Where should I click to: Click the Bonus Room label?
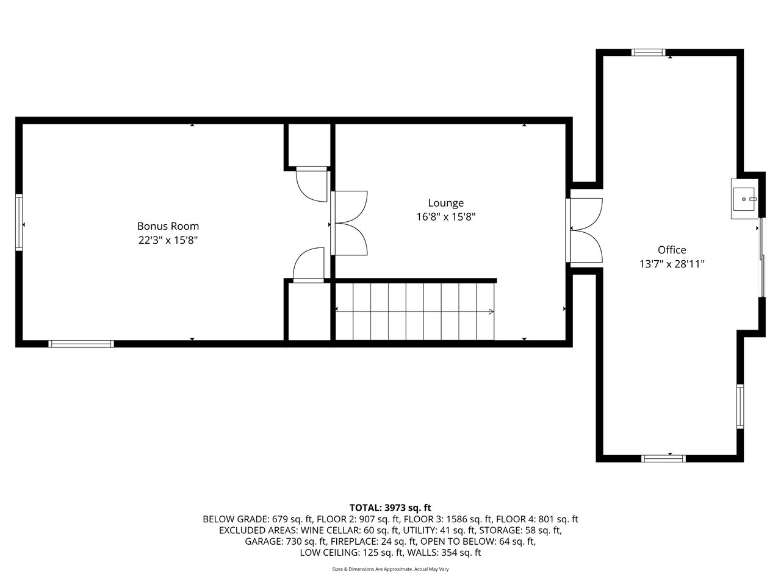point(168,226)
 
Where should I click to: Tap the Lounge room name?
point(446,203)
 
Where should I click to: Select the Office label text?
point(672,250)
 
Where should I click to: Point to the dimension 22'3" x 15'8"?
point(168,241)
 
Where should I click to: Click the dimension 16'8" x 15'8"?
point(446,217)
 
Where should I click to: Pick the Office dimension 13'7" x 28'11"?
point(672,264)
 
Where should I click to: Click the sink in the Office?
point(744,199)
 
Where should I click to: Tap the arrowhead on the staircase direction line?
point(491,312)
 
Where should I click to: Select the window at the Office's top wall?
point(648,52)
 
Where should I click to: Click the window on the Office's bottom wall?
point(663,458)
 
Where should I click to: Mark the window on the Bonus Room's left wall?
point(19,222)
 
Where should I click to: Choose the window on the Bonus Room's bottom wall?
point(81,344)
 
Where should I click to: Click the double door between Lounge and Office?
point(585,230)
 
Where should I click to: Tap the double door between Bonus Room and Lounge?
point(349,223)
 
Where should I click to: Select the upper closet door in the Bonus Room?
point(312,185)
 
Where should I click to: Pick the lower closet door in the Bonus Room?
point(309,265)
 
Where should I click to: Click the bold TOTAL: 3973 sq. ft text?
point(390,508)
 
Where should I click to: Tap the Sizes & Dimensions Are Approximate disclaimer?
point(390,569)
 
